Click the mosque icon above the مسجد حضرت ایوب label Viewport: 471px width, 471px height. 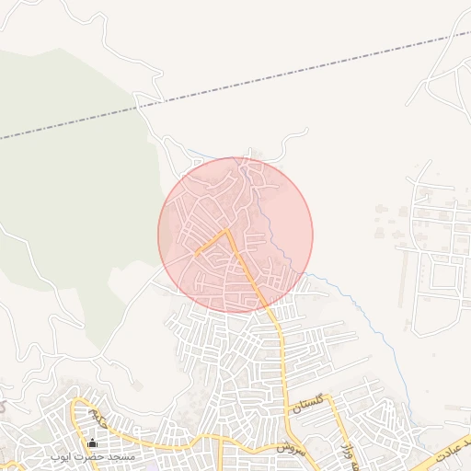[92, 444]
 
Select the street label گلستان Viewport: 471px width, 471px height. [307, 402]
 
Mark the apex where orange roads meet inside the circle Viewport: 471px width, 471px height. [227, 230]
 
